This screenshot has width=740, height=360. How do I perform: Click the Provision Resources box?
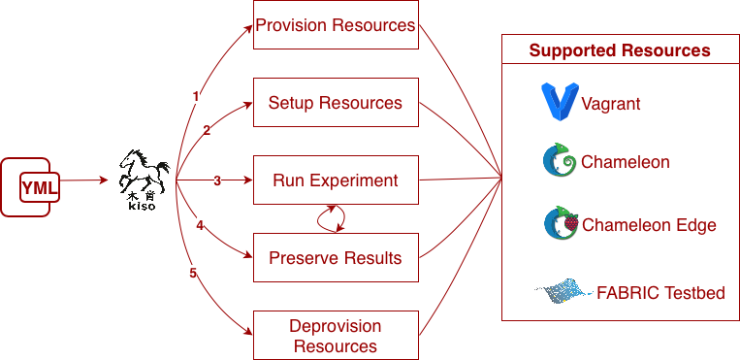pyautogui.click(x=336, y=24)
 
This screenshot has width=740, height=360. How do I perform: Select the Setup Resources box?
pyautogui.click(x=336, y=103)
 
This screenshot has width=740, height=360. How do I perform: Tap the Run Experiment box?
pyautogui.click(x=336, y=180)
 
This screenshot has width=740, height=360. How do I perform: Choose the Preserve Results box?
pyautogui.click(x=336, y=257)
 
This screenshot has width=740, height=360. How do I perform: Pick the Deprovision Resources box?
pyautogui.click(x=336, y=335)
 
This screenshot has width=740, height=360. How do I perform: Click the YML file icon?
pyautogui.click(x=30, y=187)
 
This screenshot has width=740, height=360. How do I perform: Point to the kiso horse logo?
pyautogui.click(x=144, y=180)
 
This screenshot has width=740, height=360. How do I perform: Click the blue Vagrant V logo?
pyautogui.click(x=560, y=102)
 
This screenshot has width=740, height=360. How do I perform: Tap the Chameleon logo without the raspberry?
pyautogui.click(x=560, y=161)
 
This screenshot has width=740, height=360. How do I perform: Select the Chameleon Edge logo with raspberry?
pyautogui.click(x=562, y=223)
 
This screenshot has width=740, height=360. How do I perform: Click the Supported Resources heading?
pyautogui.click(x=620, y=50)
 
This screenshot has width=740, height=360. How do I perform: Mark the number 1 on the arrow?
pyautogui.click(x=195, y=96)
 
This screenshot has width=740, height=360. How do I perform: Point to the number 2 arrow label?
pyautogui.click(x=207, y=130)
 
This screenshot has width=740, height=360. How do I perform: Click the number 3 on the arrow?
pyautogui.click(x=217, y=180)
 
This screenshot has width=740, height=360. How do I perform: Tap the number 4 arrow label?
pyautogui.click(x=200, y=226)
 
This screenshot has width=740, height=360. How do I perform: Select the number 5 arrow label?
pyautogui.click(x=193, y=273)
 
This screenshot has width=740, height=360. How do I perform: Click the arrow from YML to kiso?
pyautogui.click(x=84, y=180)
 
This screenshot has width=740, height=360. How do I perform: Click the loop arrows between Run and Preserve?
pyautogui.click(x=331, y=218)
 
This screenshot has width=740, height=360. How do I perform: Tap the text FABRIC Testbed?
pyautogui.click(x=660, y=293)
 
